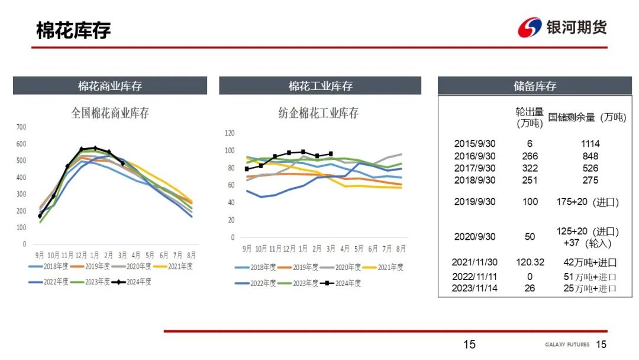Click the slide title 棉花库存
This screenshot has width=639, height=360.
click(73, 30)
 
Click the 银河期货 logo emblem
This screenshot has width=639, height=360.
click(530, 28)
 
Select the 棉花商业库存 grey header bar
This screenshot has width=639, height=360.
click(110, 86)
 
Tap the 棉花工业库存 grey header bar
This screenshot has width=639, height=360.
click(320, 86)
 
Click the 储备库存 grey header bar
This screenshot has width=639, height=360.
click(535, 86)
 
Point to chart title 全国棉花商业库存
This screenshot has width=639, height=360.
click(110, 112)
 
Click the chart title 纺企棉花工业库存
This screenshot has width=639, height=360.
click(319, 112)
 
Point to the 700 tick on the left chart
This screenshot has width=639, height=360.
click(21, 127)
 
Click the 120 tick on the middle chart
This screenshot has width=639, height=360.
click(230, 133)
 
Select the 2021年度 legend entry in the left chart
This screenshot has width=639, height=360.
click(178, 266)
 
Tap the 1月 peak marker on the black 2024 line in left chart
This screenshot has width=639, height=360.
click(95, 148)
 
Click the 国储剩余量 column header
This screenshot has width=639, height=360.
click(586, 117)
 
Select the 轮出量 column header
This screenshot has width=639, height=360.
click(530, 117)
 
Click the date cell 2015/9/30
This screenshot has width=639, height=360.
click(475, 143)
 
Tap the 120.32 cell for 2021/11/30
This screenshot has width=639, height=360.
click(530, 262)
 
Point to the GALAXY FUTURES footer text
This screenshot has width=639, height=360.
click(567, 345)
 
